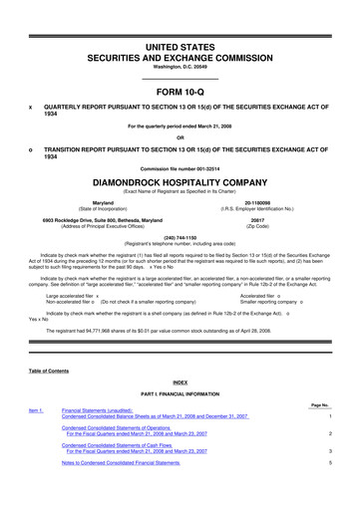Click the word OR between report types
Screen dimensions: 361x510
click(180, 137)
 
